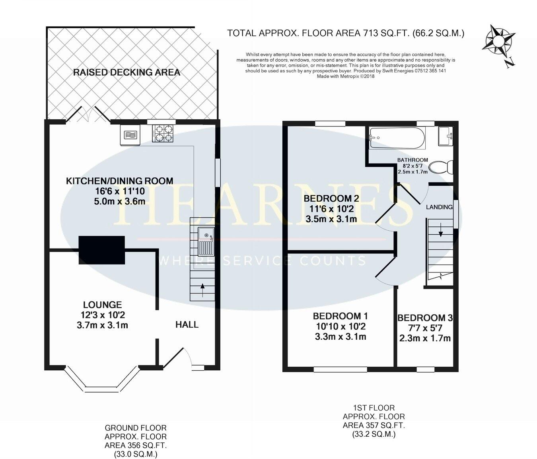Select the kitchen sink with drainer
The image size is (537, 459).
coord(206,241)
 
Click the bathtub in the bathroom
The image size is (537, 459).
coord(397,138)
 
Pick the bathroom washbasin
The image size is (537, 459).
coord(446,136)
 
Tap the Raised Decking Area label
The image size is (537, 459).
coord(126,72)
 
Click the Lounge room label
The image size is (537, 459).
coord(102,305)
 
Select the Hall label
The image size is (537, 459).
coord(187,325)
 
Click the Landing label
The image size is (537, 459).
coord(439,207)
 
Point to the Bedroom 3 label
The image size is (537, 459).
coord(425,318)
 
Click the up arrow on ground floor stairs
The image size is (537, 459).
coord(202,289)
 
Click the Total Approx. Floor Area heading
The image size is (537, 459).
coord(345,33)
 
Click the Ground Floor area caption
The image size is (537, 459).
coord(136,441)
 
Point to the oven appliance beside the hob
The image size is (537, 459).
coord(130,135)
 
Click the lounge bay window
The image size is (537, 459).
coord(102,381)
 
